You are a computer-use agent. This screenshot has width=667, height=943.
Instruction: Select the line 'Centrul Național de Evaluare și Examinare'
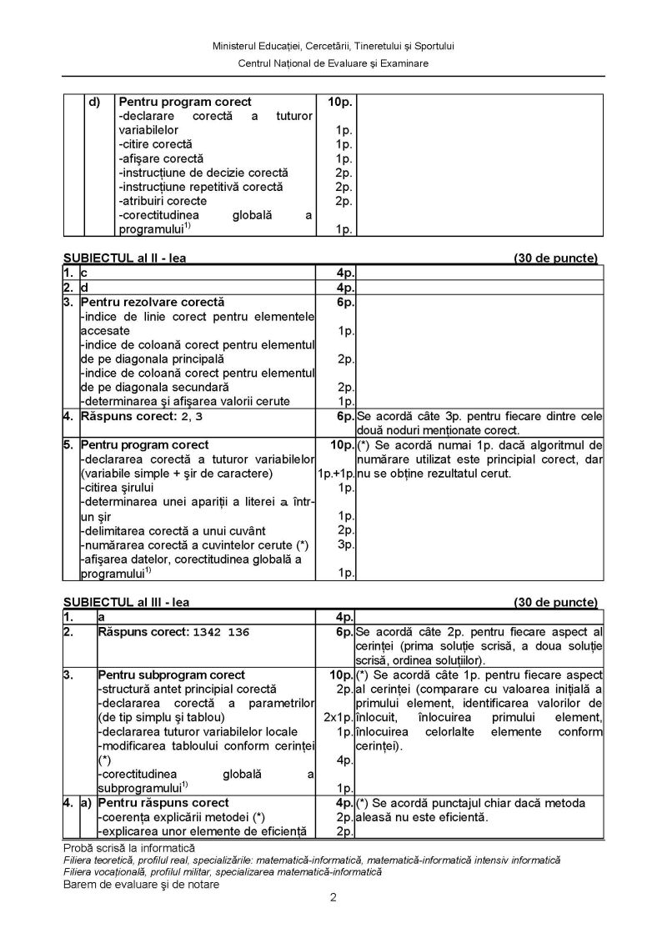[x=333, y=63]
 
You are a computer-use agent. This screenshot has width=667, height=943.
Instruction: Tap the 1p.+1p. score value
[x=336, y=474]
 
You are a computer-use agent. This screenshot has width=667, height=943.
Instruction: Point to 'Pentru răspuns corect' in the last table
[x=152, y=803]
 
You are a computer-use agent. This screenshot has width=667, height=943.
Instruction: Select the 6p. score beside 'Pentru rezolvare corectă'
[x=346, y=302]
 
